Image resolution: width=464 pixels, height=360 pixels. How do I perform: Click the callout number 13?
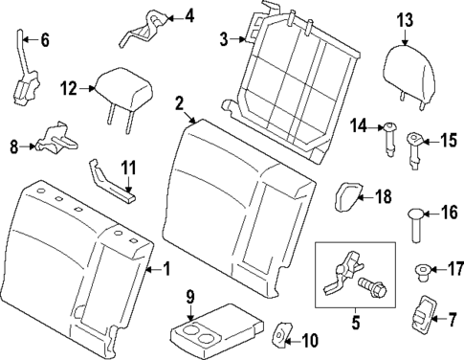coord(405,18)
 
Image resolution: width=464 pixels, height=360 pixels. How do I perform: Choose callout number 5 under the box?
coord(356,323)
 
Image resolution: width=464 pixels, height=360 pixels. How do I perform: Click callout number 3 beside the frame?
coord(223,39)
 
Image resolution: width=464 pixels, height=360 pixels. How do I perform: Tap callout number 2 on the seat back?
coord(180,102)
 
